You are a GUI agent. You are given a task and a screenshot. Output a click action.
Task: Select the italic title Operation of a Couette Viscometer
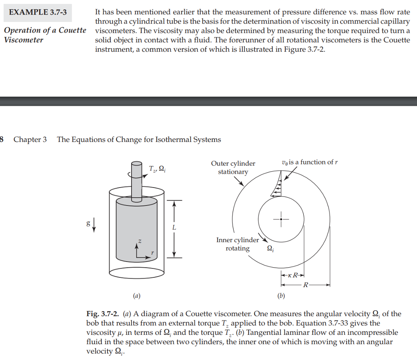pyautogui.click(x=45, y=35)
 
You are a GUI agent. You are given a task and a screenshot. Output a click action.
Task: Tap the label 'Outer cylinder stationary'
pyautogui.click(x=233, y=168)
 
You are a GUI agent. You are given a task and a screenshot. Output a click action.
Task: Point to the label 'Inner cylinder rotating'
pyautogui.click(x=238, y=244)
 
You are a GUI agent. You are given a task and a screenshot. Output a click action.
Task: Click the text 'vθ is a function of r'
pyautogui.click(x=309, y=162)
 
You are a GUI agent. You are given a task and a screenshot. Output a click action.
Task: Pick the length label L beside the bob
pyautogui.click(x=174, y=228)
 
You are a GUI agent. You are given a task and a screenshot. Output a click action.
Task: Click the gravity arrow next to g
pyautogui.click(x=94, y=224)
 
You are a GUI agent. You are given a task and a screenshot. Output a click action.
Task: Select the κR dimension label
pyautogui.click(x=293, y=275)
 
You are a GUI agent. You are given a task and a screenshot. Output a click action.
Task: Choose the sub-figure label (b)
pyautogui.click(x=281, y=296)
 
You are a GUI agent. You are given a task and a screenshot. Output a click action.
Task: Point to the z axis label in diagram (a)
pyautogui.click(x=140, y=241)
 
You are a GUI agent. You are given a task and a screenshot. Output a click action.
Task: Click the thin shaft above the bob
pyautogui.click(x=136, y=179)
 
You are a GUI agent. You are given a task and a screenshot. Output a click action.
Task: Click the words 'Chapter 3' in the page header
pyautogui.click(x=30, y=140)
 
